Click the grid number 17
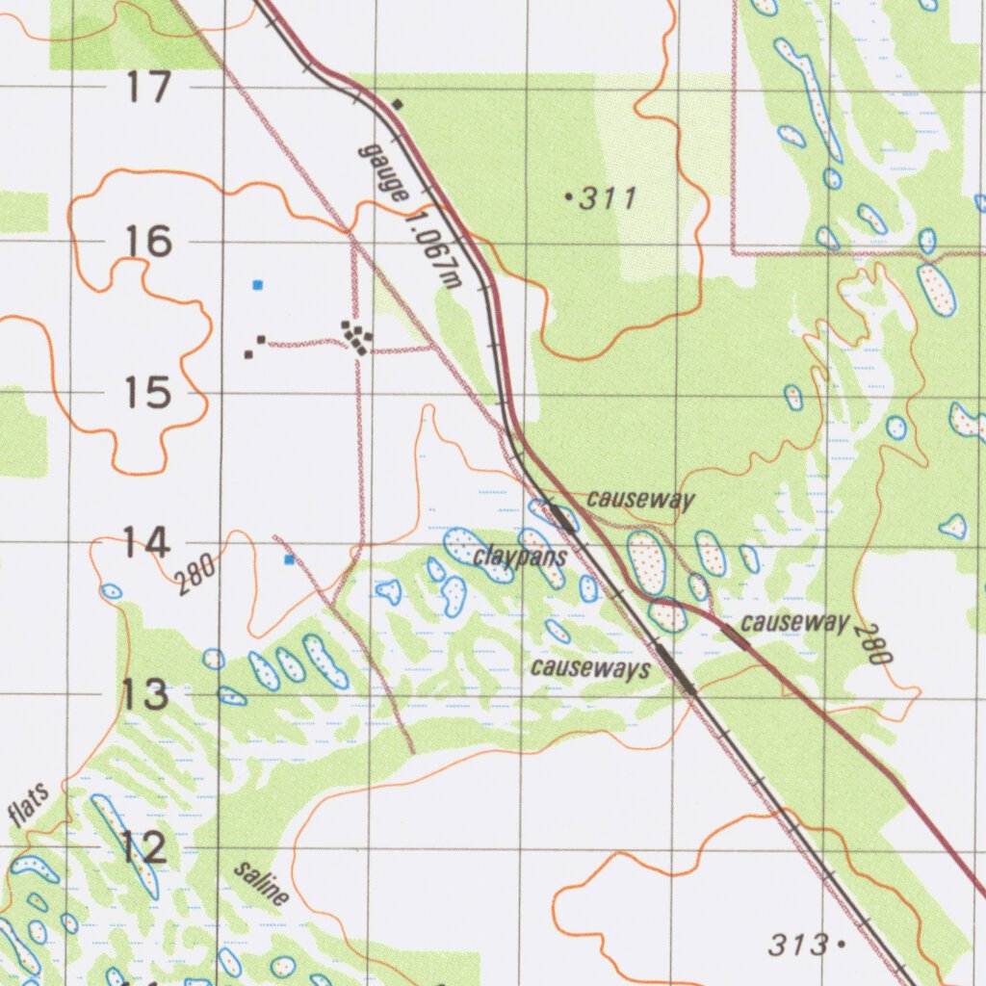(149, 89)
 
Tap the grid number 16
(149, 241)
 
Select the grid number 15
(148, 393)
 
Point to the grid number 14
(148, 544)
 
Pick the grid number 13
(145, 694)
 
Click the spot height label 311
(607, 199)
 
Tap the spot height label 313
(799, 945)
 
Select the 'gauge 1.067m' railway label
(409, 215)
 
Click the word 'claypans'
(520, 558)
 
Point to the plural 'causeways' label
(590, 668)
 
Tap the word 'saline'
(261, 884)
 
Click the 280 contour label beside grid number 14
(195, 576)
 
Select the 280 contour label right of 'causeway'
(877, 644)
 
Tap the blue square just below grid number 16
(257, 284)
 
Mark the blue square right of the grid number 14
(289, 559)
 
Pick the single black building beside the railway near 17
(398, 104)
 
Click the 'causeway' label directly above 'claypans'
(640, 500)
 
